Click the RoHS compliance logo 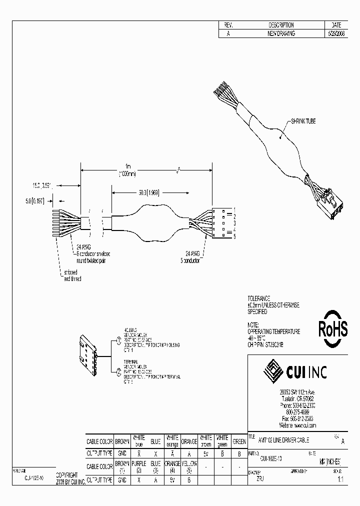click(333, 328)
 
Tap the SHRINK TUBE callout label click(303, 121)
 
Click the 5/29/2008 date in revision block click(335, 33)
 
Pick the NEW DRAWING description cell click(281, 33)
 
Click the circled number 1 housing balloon click(118, 340)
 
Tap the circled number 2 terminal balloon click(118, 370)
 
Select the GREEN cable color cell click(239, 441)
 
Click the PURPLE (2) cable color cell click(139, 466)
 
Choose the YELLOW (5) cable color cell click(189, 466)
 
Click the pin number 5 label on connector click(234, 236)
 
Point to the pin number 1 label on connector click(234, 207)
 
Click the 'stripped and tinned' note click(72, 275)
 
